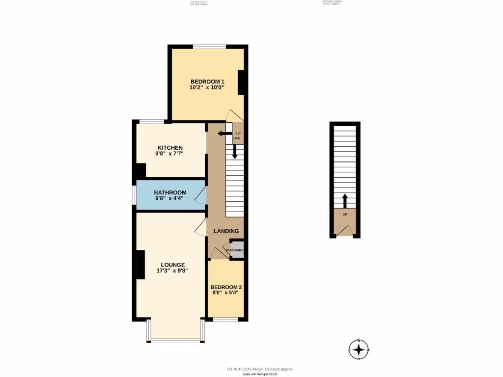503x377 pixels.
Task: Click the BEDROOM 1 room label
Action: point(207,81)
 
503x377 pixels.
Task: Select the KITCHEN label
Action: point(170,148)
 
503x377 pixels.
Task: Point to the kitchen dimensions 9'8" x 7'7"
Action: point(170,154)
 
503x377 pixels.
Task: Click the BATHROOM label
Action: point(170,192)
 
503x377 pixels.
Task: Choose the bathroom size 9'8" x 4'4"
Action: point(170,199)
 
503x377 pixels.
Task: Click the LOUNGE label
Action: point(169,265)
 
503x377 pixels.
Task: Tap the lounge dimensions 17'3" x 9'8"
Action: point(169,271)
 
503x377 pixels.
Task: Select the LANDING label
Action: point(226,231)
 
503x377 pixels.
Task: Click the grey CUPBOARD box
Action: point(237,249)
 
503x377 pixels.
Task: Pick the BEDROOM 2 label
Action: point(226,287)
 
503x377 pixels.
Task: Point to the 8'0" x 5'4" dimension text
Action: point(226,294)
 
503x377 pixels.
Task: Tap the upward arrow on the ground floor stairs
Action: point(344,201)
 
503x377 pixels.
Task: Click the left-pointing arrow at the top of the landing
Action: point(224,133)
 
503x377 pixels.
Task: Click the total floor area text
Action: point(260,369)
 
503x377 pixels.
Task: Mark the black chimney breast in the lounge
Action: point(140,265)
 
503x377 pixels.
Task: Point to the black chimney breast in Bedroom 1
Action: point(241,82)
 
